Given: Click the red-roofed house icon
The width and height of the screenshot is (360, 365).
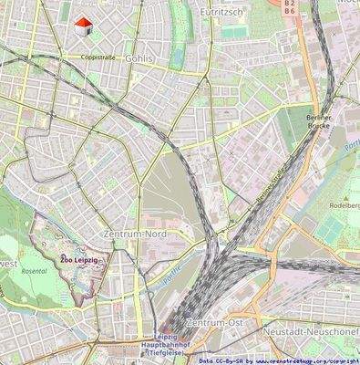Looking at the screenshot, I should tap(83, 26).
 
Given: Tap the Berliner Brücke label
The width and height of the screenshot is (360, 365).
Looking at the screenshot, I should tap(320, 123).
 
